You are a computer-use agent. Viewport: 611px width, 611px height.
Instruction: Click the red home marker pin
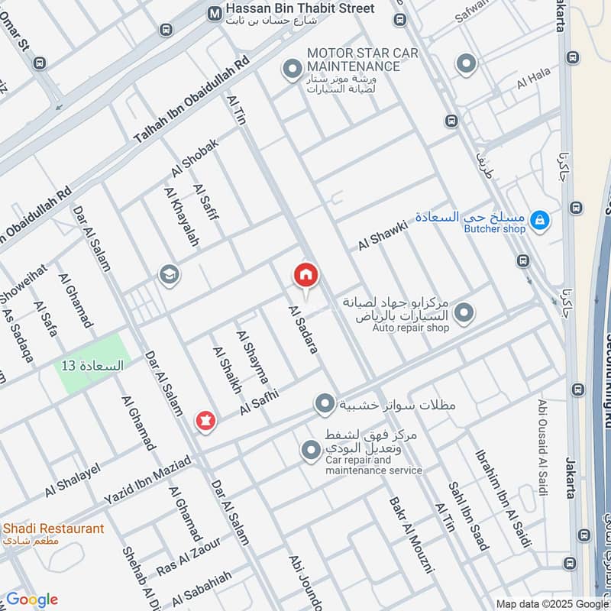(x=305, y=276)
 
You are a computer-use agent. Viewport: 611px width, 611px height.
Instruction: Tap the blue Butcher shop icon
(x=539, y=221)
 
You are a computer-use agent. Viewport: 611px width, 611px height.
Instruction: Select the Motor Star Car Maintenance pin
(x=291, y=71)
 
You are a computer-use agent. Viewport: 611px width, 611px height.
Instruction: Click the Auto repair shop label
(x=411, y=328)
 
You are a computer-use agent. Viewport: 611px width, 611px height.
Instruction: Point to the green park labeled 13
(x=92, y=364)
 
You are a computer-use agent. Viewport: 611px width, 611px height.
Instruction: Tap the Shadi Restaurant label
(x=53, y=529)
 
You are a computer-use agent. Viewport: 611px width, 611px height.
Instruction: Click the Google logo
(x=31, y=600)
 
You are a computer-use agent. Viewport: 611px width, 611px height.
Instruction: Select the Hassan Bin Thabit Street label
(x=301, y=9)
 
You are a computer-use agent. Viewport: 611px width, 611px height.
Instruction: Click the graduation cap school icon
(x=168, y=274)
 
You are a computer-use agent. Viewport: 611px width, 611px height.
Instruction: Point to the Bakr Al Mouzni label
(x=411, y=535)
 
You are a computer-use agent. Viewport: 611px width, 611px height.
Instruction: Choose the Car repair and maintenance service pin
(x=310, y=451)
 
